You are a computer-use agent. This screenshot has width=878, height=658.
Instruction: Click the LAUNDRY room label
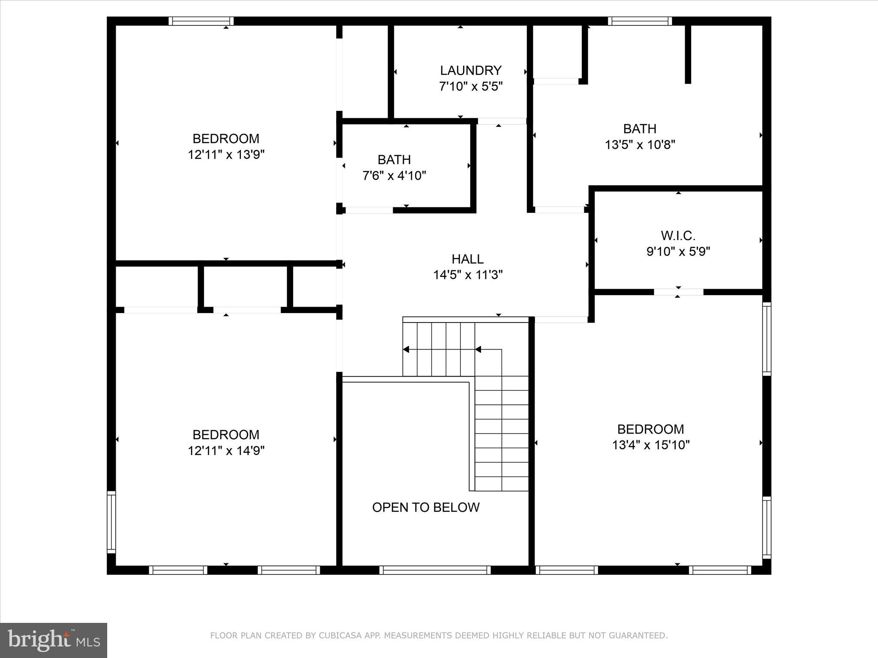(x=471, y=70)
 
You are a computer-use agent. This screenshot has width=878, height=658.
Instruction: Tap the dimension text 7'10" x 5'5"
(x=471, y=87)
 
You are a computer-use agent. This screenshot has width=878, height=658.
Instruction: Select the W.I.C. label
(x=678, y=236)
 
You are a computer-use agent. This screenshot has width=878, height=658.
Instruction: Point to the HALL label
(x=468, y=259)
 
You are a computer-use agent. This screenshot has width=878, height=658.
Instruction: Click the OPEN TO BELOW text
(x=426, y=508)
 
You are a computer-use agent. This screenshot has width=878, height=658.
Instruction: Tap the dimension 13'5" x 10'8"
(x=640, y=145)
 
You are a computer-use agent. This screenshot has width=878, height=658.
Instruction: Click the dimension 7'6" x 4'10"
(x=394, y=176)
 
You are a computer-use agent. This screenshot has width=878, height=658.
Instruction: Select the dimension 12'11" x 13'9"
(x=226, y=155)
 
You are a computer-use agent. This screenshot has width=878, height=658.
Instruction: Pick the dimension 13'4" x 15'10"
(x=651, y=445)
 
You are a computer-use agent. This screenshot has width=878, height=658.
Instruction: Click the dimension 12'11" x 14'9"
(x=226, y=451)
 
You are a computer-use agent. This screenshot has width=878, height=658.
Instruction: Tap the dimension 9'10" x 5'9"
(x=678, y=251)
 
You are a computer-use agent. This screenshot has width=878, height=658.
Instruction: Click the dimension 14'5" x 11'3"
(x=468, y=275)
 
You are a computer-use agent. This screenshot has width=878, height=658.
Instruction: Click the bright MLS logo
(x=54, y=640)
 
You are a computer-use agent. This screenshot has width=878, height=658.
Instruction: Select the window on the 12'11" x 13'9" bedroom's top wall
(x=201, y=21)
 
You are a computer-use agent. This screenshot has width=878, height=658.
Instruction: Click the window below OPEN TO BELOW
(x=435, y=570)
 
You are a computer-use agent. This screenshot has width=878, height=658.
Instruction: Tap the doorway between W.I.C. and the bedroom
(x=678, y=292)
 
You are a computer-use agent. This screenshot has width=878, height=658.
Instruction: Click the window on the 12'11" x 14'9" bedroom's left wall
(x=111, y=522)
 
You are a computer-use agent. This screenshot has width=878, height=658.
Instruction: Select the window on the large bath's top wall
(x=640, y=21)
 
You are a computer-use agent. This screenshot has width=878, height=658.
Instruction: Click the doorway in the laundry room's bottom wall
(x=502, y=121)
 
